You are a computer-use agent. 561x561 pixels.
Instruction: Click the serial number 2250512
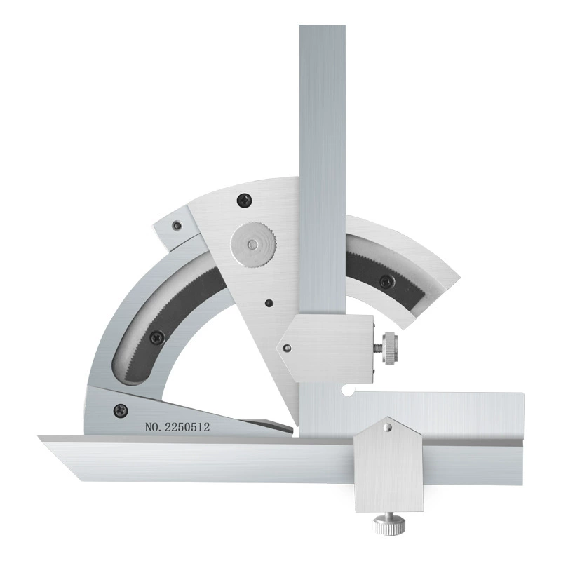(x=187, y=427)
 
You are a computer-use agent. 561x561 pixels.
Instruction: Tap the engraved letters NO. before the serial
(x=153, y=427)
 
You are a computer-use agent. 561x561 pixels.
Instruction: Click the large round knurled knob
(x=253, y=244)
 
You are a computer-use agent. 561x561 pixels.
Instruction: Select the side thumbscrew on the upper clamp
(x=389, y=348)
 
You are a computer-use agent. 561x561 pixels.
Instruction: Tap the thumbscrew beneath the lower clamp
(x=389, y=523)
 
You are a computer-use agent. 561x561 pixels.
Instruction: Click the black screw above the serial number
(x=121, y=410)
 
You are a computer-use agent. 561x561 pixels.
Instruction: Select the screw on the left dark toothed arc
(x=157, y=337)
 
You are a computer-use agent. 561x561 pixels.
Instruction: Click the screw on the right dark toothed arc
(x=386, y=282)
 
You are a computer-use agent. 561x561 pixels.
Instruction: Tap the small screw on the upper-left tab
(x=176, y=225)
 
